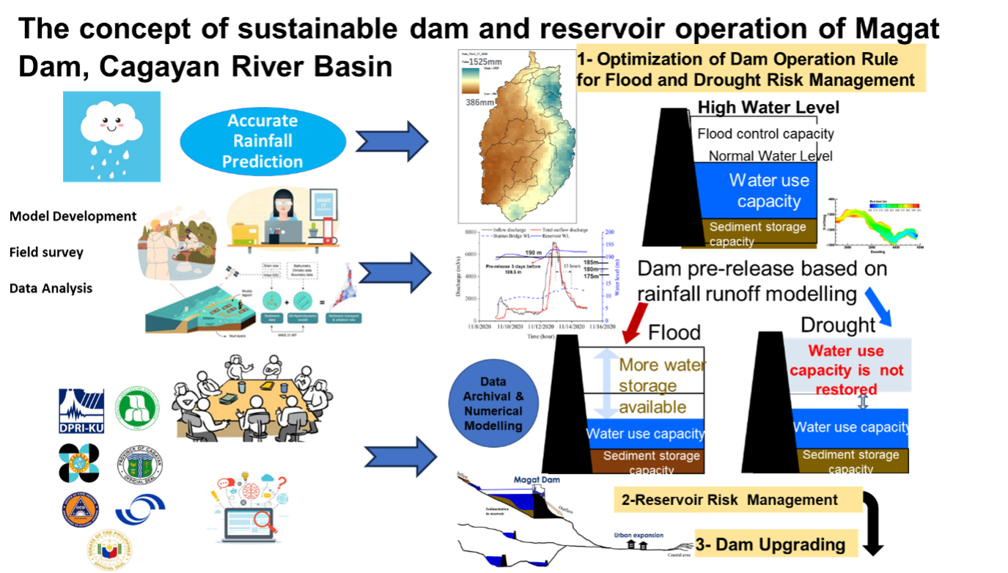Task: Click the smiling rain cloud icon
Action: pyautogui.click(x=111, y=136)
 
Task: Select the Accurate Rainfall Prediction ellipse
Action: pyautogui.click(x=262, y=141)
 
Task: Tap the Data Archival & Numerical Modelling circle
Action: pyautogui.click(x=493, y=404)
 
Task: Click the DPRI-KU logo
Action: pyautogui.click(x=81, y=410)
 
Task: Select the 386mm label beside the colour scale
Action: pyautogui.click(x=480, y=103)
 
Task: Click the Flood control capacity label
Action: pyautogui.click(x=765, y=134)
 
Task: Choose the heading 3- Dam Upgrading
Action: pyautogui.click(x=778, y=544)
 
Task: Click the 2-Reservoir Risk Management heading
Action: pyautogui.click(x=729, y=500)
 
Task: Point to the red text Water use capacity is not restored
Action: pyautogui.click(x=846, y=369)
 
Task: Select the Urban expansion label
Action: pyautogui.click(x=638, y=536)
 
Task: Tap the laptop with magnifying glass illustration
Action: pyautogui.click(x=248, y=508)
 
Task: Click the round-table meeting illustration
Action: pyautogui.click(x=253, y=396)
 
